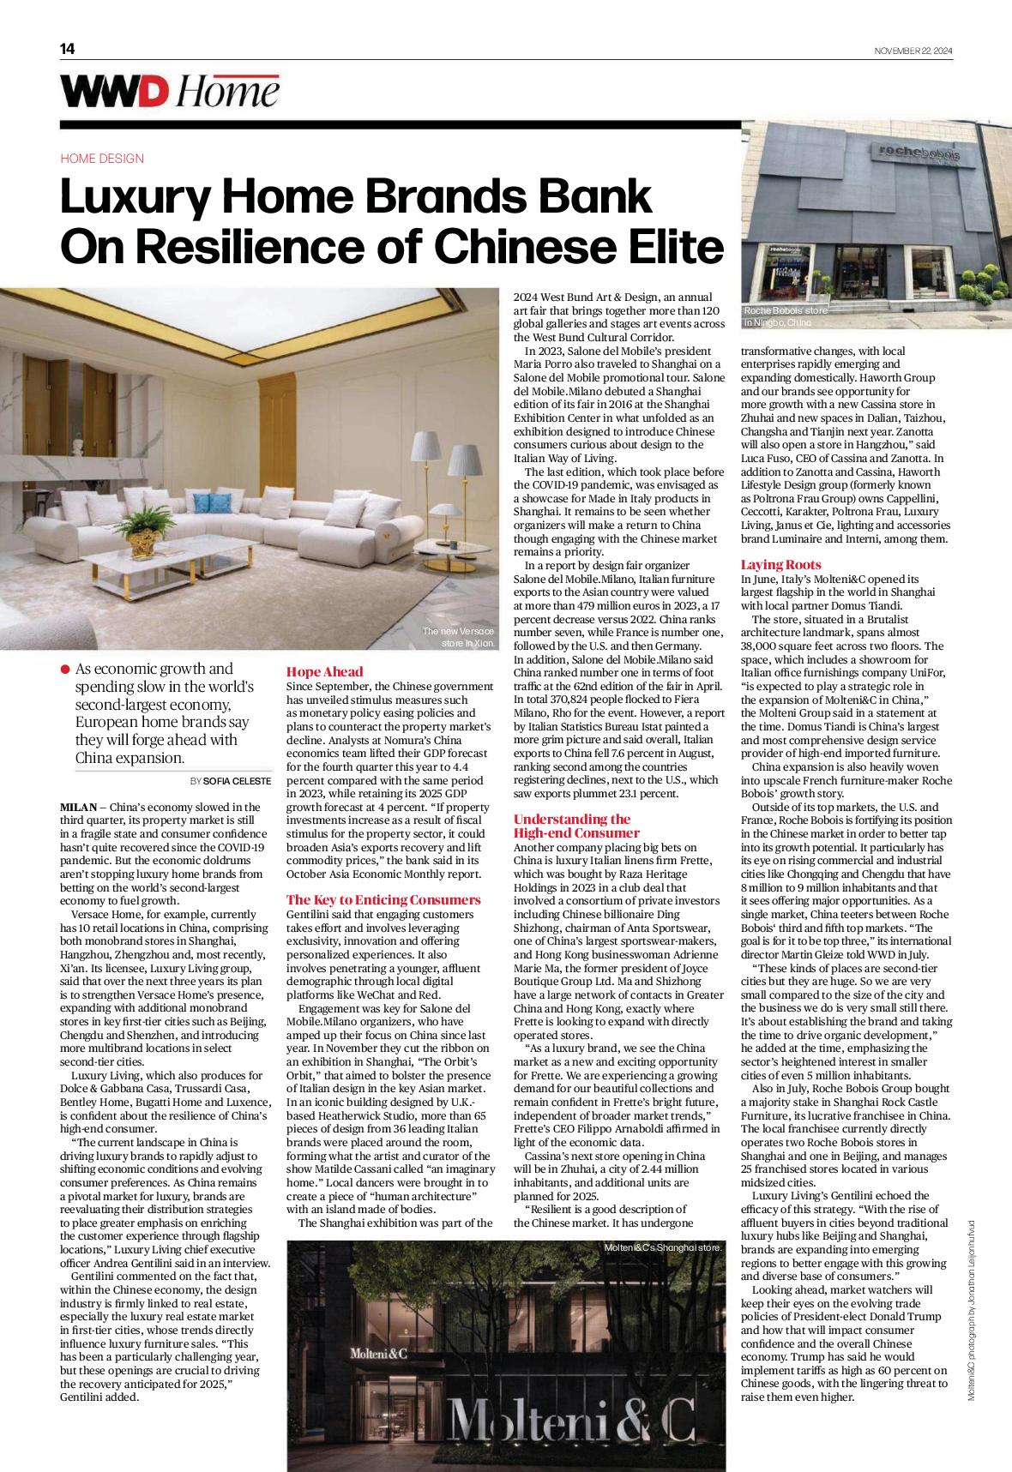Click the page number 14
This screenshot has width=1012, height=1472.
coord(67,49)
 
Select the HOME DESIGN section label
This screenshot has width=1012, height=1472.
coord(102,159)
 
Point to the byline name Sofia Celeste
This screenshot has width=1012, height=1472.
coord(237,781)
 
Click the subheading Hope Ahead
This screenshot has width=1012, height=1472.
coord(325,671)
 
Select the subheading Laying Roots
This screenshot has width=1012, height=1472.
coord(780,564)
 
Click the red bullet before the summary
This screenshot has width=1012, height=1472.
coord(66,670)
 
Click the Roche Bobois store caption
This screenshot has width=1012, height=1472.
coord(785,316)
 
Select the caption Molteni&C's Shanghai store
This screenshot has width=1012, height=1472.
coord(663,1247)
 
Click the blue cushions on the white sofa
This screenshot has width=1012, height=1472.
coord(204,503)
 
